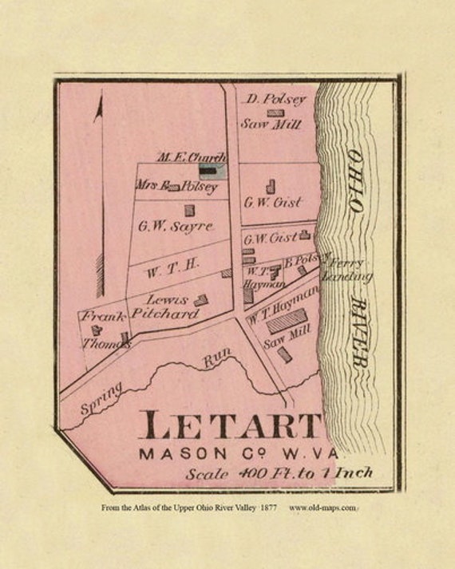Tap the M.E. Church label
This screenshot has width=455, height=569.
pos(192,156)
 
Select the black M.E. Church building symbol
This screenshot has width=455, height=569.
pos(208,170)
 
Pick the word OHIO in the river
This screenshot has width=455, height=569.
pos(354,179)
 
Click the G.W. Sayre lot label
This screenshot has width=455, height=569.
pos(176,226)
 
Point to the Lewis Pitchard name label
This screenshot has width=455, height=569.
pos(171,306)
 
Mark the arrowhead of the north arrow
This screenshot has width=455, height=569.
pos(98,109)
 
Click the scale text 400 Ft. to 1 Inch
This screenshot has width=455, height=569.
pos(279,473)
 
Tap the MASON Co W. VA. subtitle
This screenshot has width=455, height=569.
pos(232,454)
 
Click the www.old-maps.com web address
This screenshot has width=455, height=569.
pos(322,508)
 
